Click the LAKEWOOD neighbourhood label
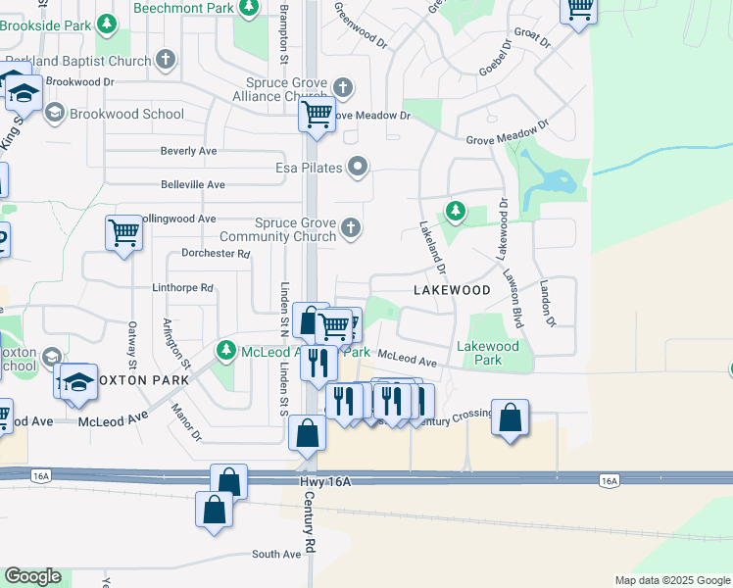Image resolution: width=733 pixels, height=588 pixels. coord(452,291)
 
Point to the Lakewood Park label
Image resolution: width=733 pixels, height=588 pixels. coord(488,353)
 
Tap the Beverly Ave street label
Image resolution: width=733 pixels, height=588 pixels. coord(189,152)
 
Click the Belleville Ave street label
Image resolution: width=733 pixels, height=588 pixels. coord(193,184)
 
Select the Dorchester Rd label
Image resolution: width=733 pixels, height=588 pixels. coord(217,253)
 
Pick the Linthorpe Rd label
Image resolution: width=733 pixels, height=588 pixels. coord(182,288)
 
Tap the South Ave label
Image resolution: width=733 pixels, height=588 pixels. coord(276,554)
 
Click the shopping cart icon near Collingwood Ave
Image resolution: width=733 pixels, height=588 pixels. coord(124,233)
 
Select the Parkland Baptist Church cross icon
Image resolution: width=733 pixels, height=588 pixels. coord(167,61)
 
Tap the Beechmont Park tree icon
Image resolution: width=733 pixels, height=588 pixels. coord(250,8)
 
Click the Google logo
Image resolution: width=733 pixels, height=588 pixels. coord(32,576)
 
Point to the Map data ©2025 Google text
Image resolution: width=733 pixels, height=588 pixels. coord(671,580)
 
